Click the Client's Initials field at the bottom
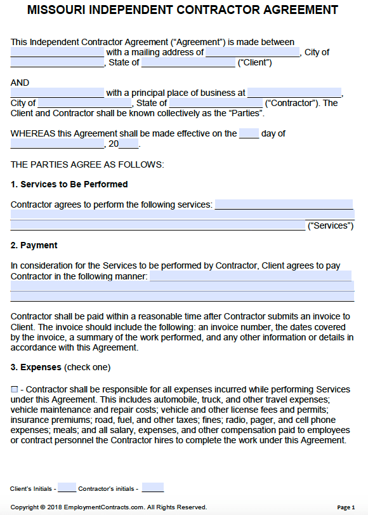(x=67, y=488)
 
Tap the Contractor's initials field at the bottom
(x=153, y=488)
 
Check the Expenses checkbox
(x=14, y=389)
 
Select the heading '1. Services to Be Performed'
(x=69, y=184)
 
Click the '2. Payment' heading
(x=34, y=245)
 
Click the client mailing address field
(x=253, y=52)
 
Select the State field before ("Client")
(x=188, y=62)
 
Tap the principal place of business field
(x=294, y=93)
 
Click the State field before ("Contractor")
(x=216, y=103)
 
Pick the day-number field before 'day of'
(x=249, y=133)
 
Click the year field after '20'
(x=129, y=144)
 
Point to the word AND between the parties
(x=20, y=83)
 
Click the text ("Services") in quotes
(x=330, y=225)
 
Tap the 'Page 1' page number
(x=346, y=507)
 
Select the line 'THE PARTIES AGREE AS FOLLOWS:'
(x=88, y=164)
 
